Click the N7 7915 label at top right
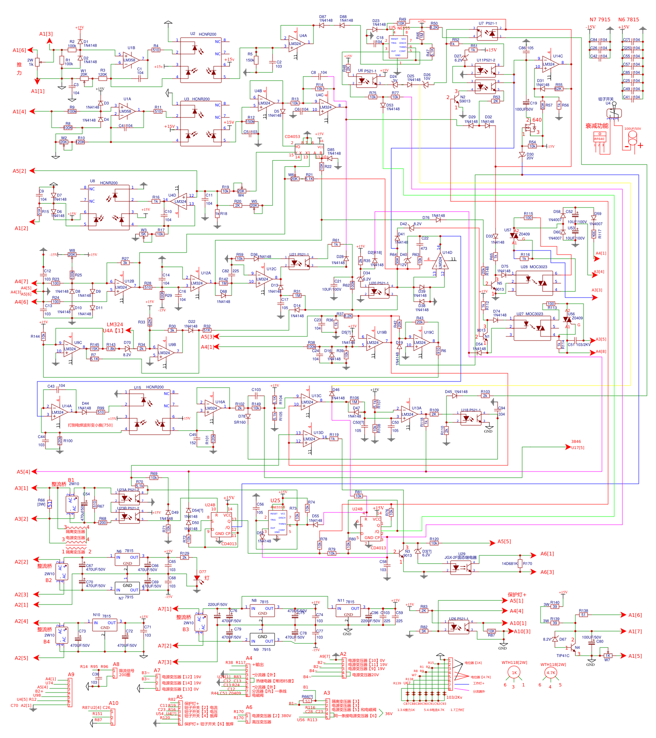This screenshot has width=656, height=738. point(600,20)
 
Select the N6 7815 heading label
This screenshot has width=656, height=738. point(628,20)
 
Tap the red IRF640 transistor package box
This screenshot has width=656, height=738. point(600,142)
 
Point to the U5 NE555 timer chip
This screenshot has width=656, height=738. point(398,47)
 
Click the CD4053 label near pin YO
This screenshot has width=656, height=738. point(292,137)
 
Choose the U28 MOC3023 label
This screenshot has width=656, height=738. point(534,267)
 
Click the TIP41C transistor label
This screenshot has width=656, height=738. point(562,656)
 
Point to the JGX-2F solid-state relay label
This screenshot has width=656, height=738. point(460,557)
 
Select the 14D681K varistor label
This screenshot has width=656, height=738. point(509,564)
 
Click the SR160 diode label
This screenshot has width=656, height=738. point(240,422)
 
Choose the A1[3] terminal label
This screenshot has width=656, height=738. point(46,34)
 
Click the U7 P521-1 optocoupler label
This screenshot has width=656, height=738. point(488,23)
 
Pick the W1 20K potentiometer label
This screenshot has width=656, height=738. point(83,73)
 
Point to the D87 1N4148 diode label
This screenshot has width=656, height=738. point(326,18)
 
